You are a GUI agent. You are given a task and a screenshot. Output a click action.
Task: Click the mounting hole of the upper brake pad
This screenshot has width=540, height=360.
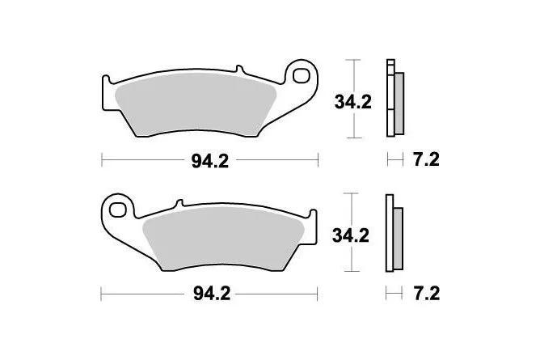[302, 76]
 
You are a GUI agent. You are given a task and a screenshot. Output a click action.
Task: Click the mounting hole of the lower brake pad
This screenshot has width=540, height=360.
[117, 210]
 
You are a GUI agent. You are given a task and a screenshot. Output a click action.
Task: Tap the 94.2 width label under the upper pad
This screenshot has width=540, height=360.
[210, 161]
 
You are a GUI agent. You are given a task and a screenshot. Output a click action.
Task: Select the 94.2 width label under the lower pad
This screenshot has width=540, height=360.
[212, 294]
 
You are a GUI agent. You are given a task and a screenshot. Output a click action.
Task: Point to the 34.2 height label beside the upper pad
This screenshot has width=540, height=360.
[353, 102]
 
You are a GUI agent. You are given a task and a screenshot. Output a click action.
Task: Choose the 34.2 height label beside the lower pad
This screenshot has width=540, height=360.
[351, 235]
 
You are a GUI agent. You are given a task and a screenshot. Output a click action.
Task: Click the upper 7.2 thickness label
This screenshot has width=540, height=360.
[426, 160]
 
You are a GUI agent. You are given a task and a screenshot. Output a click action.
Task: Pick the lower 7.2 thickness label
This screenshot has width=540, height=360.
[427, 294]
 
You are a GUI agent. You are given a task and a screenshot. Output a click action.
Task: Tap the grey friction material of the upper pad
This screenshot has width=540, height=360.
[196, 104]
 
